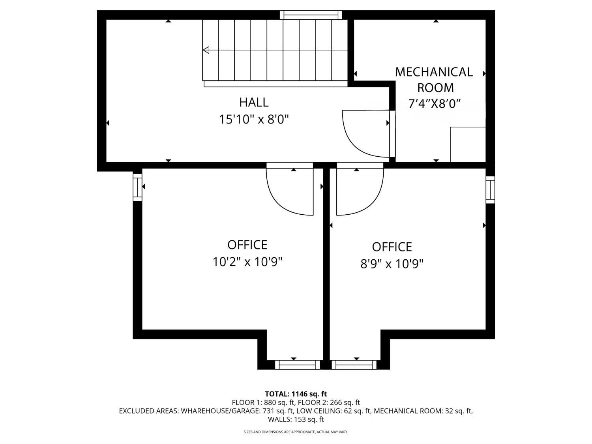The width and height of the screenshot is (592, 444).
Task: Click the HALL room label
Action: pyautogui.click(x=254, y=103)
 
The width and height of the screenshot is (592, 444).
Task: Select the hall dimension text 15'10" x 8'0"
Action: pyautogui.click(x=254, y=119)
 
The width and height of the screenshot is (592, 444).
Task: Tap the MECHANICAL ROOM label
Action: pyautogui.click(x=434, y=80)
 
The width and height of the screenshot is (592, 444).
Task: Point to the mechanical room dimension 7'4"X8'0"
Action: pyautogui.click(x=434, y=104)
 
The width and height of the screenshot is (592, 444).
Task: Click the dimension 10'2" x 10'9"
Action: pyautogui.click(x=247, y=262)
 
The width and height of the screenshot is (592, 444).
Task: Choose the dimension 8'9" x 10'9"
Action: pyautogui.click(x=392, y=264)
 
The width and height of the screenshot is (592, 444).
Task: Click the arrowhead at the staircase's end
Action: pyautogui.click(x=206, y=50)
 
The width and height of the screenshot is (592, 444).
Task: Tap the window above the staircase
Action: pyautogui.click(x=311, y=15)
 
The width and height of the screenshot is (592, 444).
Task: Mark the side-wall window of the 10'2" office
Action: pyautogui.click(x=137, y=187)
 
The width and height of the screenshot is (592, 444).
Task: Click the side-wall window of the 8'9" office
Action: pyautogui.click(x=490, y=190)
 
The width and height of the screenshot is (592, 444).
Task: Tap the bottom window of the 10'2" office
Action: pyautogui.click(x=297, y=365)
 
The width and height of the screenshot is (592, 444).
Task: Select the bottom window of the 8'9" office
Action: pyautogui.click(x=354, y=365)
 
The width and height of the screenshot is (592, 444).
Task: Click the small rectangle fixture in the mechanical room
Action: pyautogui.click(x=468, y=144)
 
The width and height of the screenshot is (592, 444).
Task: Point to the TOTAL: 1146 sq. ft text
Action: pyautogui.click(x=296, y=394)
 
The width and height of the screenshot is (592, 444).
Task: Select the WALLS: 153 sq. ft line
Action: pyautogui.click(x=296, y=420)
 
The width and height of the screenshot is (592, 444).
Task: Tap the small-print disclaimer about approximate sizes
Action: pyautogui.click(x=296, y=432)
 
